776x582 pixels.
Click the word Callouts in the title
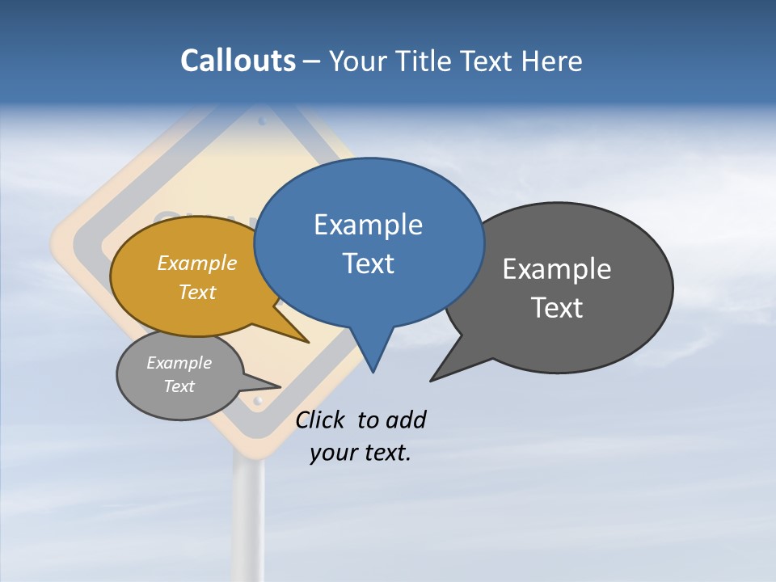pyautogui.click(x=238, y=61)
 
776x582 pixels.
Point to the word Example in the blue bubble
pyautogui.click(x=368, y=225)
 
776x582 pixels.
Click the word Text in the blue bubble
pyautogui.click(x=368, y=264)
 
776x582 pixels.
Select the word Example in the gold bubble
pyautogui.click(x=197, y=264)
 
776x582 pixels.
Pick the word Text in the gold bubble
pyautogui.click(x=197, y=292)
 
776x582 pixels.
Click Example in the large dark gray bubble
pyautogui.click(x=557, y=269)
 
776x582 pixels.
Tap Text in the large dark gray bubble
pyautogui.click(x=557, y=308)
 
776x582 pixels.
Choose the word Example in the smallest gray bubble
pyautogui.click(x=179, y=363)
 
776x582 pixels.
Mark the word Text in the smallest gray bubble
pyautogui.click(x=179, y=386)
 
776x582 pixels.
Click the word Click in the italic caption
pyautogui.click(x=319, y=420)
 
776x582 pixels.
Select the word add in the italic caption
pyautogui.click(x=406, y=420)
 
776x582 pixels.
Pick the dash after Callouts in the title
pyautogui.click(x=312, y=61)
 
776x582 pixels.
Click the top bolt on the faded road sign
pyautogui.click(x=261, y=121)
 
